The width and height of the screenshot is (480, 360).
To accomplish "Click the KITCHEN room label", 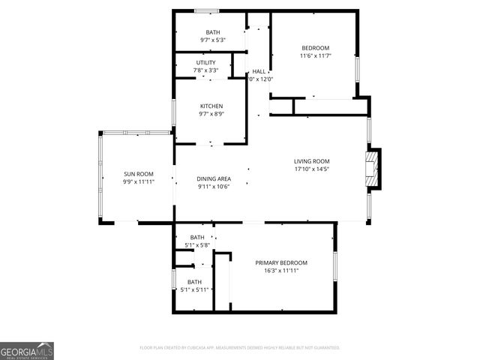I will pyautogui.click(x=211, y=106).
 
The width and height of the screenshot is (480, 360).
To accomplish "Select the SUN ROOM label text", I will pyautogui.click(x=139, y=174).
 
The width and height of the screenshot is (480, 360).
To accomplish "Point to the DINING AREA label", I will pyautogui.click(x=214, y=178).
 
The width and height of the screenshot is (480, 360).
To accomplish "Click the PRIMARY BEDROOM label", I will pyautogui.click(x=281, y=262).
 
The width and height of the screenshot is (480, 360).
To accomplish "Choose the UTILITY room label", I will pyautogui.click(x=206, y=63).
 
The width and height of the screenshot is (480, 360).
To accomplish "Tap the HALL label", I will pyautogui.click(x=259, y=71).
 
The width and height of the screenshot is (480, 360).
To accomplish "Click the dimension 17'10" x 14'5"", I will pyautogui.click(x=311, y=169).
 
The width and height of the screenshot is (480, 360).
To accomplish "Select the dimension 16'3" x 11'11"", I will pyautogui.click(x=281, y=271).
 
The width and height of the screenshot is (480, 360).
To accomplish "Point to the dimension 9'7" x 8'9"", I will pyautogui.click(x=211, y=114).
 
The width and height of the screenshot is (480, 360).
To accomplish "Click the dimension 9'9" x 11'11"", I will pyautogui.click(x=139, y=182).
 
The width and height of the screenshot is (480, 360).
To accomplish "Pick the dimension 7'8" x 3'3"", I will pyautogui.click(x=206, y=71).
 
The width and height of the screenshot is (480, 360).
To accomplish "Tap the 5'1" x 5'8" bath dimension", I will pyautogui.click(x=197, y=245).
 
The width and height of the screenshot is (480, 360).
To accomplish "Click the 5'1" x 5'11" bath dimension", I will pyautogui.click(x=196, y=289).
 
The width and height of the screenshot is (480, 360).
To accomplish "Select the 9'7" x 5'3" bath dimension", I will pyautogui.click(x=210, y=40).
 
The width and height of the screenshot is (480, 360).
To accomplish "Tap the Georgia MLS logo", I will pyautogui.click(x=27, y=351).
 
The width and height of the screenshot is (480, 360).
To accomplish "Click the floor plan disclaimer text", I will pyautogui.click(x=240, y=348).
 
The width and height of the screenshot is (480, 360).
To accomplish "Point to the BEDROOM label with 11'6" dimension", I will pyautogui.click(x=315, y=48).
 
